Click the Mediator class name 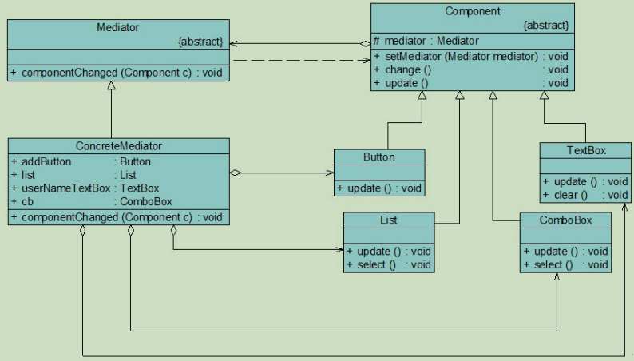[119, 26]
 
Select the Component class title [471, 11]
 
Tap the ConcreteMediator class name [119, 145]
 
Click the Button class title [379, 157]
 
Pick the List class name [389, 220]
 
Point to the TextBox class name [585, 151]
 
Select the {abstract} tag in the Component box [545, 25]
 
